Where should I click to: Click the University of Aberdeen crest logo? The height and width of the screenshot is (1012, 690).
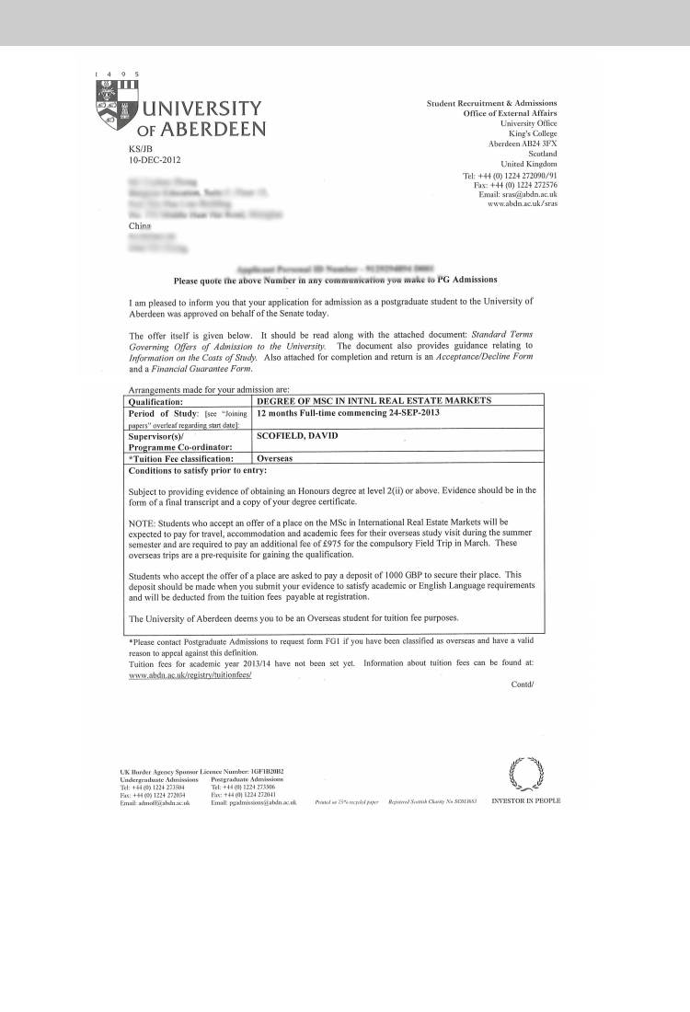(115, 109)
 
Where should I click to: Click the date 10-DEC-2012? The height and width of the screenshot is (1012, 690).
(155, 159)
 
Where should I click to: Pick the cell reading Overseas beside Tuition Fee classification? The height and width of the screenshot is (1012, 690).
(275, 457)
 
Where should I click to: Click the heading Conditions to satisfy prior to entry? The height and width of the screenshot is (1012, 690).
(197, 470)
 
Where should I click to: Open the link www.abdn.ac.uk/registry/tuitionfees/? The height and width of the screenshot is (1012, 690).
(190, 674)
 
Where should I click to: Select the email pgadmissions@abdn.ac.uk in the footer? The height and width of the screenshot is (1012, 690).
(253, 803)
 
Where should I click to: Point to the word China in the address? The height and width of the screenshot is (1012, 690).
(140, 224)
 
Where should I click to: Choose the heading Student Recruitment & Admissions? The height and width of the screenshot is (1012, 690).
(491, 103)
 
